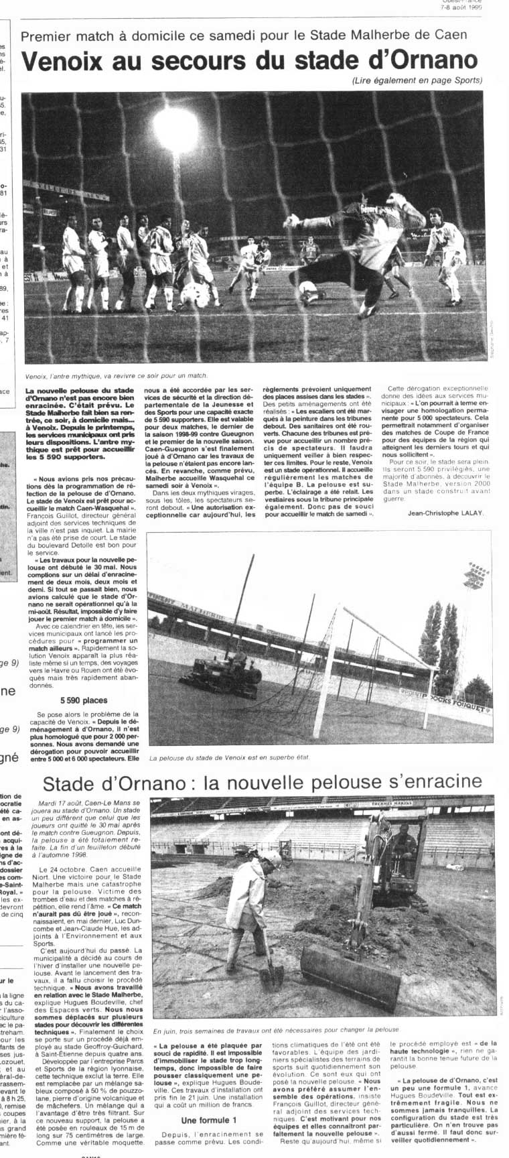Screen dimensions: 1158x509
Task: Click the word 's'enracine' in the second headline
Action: pos(422,782)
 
